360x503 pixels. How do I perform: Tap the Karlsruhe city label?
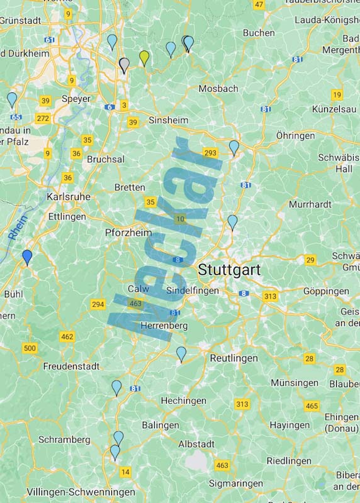click(x=69, y=196)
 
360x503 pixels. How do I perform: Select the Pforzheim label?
click(x=128, y=233)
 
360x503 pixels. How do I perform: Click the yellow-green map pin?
click(x=144, y=58)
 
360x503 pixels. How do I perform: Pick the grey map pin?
click(x=124, y=65)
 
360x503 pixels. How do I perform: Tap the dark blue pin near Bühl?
click(x=27, y=257)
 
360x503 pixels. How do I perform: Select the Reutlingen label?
click(x=233, y=358)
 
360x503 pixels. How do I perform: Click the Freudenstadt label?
click(x=71, y=366)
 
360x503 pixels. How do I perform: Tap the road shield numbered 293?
click(x=210, y=152)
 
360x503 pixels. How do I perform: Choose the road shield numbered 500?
click(x=30, y=348)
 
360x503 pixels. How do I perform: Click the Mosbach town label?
click(x=218, y=89)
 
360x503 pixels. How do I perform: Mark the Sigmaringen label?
click(x=237, y=484)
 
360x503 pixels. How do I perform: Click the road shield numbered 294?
click(x=98, y=304)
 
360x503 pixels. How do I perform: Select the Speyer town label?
click(x=76, y=99)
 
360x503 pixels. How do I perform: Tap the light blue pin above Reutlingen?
click(x=181, y=354)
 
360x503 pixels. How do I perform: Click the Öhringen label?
click(x=295, y=136)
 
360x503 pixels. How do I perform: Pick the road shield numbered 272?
click(x=43, y=118)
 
